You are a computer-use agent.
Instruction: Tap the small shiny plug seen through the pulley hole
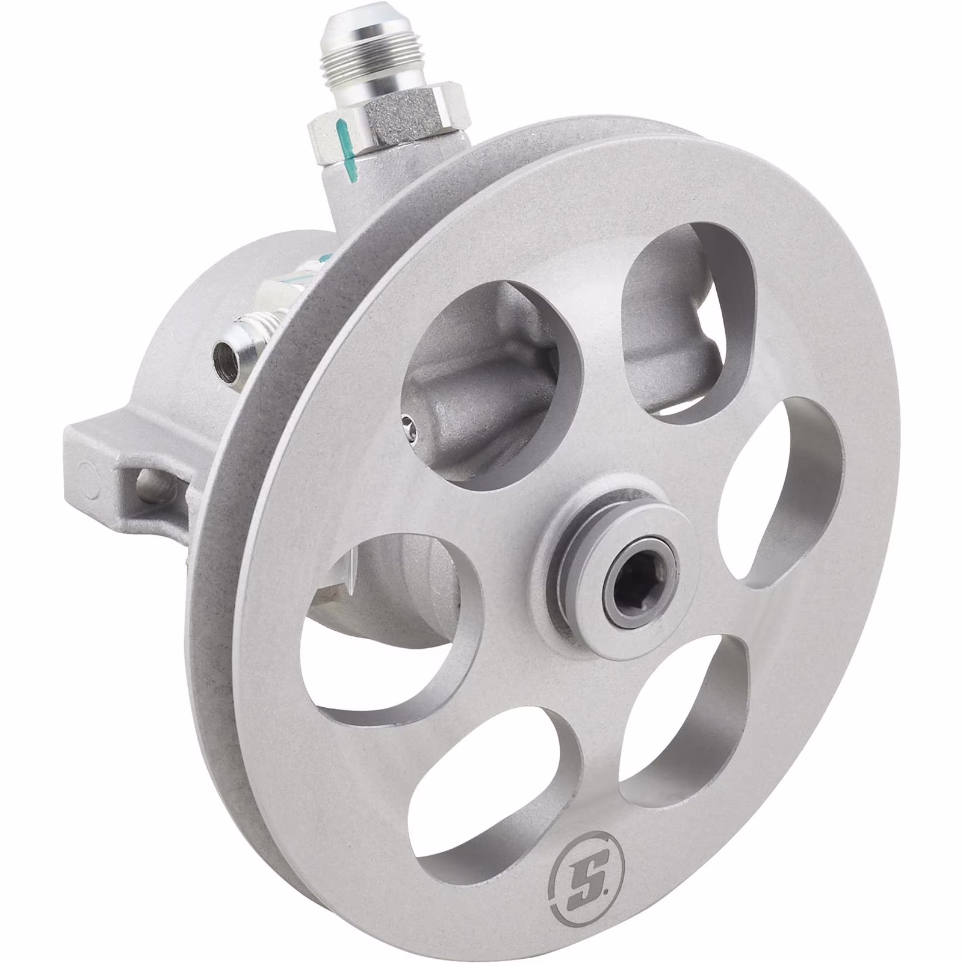(x=410, y=423)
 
